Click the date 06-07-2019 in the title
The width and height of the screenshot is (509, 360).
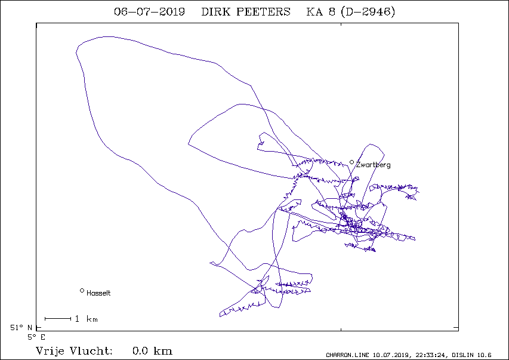[x=149, y=12]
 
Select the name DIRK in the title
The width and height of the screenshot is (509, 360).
[x=215, y=12]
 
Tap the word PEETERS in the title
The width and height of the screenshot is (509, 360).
[x=263, y=12]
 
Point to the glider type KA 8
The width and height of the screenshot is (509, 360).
[x=320, y=12]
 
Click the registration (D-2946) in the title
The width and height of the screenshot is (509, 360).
[x=368, y=12]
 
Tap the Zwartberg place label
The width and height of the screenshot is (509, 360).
[x=374, y=165]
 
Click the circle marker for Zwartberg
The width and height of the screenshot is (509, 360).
[x=351, y=162]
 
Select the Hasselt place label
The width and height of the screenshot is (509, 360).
[x=98, y=293]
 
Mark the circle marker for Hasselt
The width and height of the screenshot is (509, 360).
[x=82, y=291]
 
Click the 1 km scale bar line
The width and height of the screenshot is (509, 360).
[x=58, y=319]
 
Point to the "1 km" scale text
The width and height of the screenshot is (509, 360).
[x=87, y=319]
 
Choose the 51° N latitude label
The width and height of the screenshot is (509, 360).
[x=21, y=328]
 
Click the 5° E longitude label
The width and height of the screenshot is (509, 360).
[x=36, y=337]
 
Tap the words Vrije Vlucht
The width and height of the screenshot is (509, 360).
[x=74, y=351]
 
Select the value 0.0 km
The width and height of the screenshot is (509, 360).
[x=152, y=351]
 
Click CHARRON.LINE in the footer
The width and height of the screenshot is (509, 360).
[x=347, y=355]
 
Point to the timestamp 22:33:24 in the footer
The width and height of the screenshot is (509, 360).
[x=431, y=355]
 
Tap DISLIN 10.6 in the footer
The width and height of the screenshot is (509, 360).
[x=471, y=355]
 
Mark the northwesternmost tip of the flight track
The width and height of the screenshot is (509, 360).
[x=76, y=52]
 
